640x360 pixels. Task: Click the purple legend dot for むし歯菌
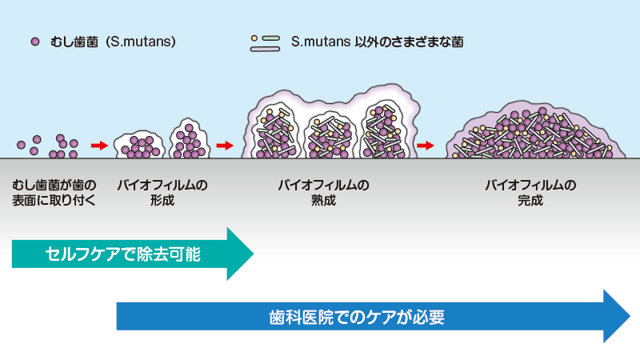tap(35, 41)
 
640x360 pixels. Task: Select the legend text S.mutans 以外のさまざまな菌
tap(377, 41)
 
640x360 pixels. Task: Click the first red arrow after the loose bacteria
tap(99, 146)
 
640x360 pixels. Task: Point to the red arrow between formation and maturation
tap(225, 146)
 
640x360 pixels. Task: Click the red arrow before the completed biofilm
tap(425, 146)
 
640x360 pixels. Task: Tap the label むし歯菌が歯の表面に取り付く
tap(54, 193)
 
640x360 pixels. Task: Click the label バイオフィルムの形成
tap(162, 193)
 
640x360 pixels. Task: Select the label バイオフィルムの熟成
tap(322, 193)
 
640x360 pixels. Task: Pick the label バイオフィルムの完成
tap(530, 193)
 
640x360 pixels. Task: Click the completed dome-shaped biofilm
tap(530, 132)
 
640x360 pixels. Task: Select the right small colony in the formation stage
tap(190, 139)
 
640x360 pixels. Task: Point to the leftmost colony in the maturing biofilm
tap(277, 131)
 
